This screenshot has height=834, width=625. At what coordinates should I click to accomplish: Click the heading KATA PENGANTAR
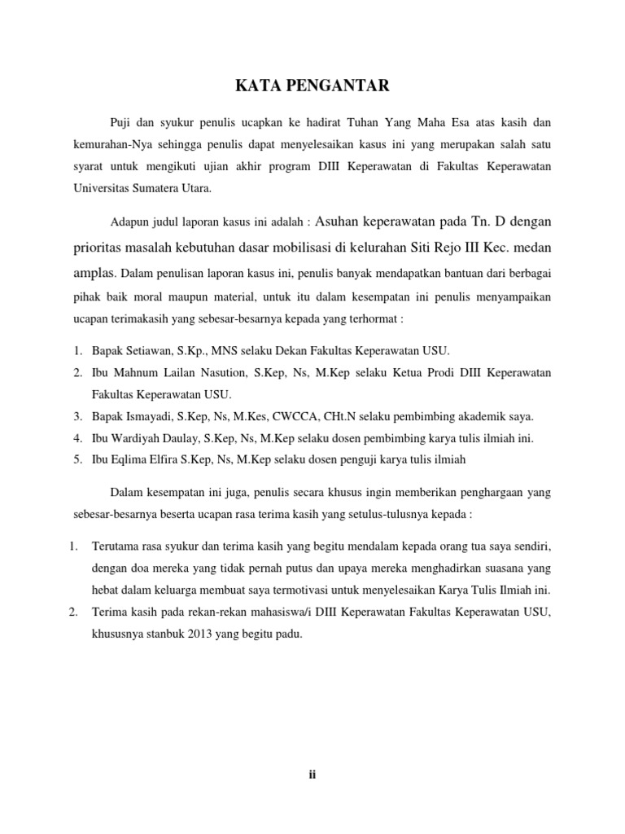[312, 84]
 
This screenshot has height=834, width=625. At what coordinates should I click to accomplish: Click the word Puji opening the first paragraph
[120, 122]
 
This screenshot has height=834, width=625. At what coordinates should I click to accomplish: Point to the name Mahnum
[130, 373]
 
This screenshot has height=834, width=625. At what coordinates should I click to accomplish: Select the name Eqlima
[129, 459]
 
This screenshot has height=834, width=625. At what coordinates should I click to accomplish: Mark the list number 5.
[76, 459]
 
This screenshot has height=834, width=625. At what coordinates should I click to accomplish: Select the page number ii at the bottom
[312, 775]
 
